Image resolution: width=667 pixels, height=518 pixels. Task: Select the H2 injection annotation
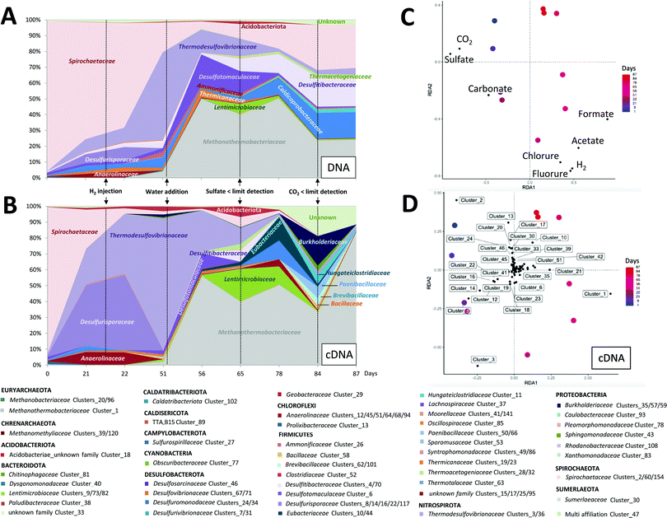coord(105,189)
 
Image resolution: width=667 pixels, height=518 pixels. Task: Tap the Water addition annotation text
coord(166,189)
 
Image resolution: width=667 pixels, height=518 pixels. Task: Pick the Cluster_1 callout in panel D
coord(595,294)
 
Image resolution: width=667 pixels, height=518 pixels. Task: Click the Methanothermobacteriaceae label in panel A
coord(239,142)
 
